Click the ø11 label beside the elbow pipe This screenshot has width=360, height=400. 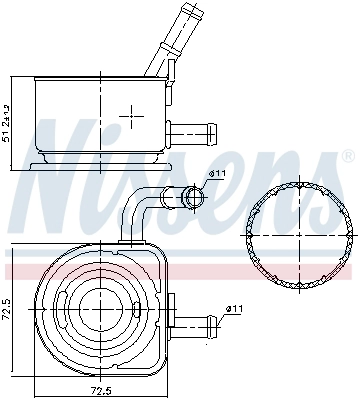coord(218,174)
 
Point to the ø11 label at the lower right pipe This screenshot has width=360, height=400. coord(234,308)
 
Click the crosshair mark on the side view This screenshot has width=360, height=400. coord(131,116)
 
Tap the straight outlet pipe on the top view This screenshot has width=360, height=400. coord(195,322)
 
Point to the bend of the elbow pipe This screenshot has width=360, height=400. coord(140,200)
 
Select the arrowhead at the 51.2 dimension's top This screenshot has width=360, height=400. coord(11,77)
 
